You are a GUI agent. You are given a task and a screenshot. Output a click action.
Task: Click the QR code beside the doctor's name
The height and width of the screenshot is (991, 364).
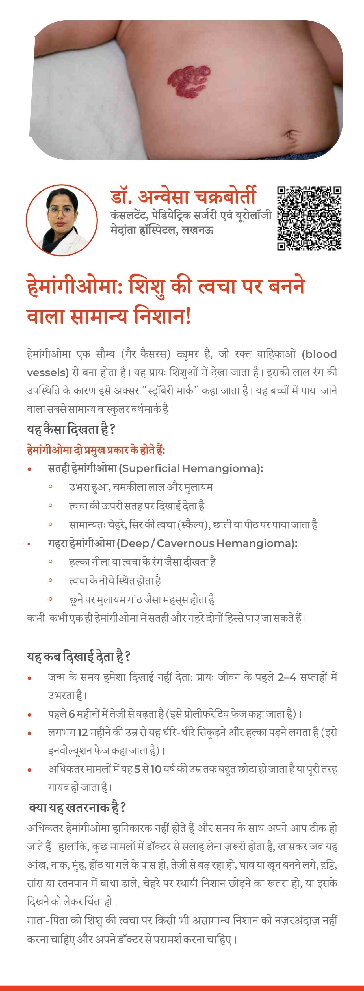309,218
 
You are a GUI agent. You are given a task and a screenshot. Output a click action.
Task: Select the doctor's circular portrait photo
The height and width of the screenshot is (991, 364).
62,220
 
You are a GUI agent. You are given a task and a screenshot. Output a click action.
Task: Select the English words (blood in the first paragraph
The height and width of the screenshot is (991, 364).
319,354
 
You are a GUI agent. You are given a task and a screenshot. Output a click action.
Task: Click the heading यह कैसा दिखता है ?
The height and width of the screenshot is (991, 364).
71,429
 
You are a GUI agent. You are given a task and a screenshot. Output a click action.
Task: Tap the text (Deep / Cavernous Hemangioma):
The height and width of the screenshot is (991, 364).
207,543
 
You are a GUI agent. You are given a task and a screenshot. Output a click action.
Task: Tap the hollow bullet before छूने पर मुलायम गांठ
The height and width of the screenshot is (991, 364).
50,599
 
